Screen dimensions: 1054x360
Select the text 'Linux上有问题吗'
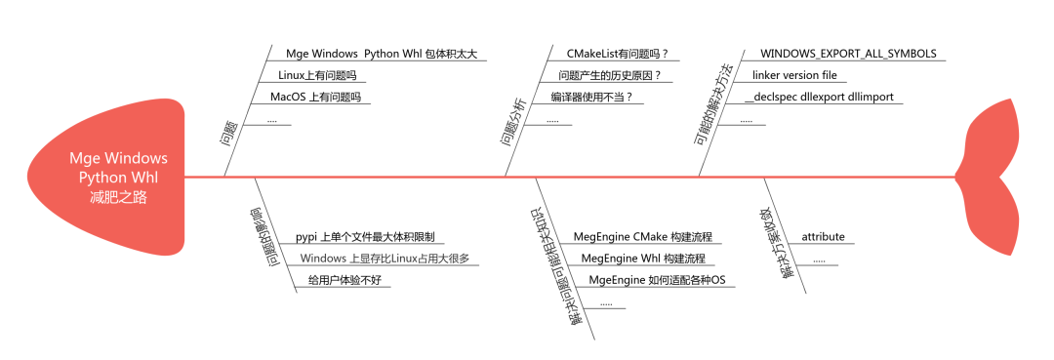click(317, 75)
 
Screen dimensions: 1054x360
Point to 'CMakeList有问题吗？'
click(624, 53)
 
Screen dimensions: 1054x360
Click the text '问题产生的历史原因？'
click(609, 75)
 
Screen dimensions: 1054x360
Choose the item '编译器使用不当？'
click(598, 97)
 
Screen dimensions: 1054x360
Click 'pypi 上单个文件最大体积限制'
click(365, 237)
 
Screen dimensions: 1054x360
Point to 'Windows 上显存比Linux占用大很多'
click(385, 259)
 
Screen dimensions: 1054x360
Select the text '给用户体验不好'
click(344, 281)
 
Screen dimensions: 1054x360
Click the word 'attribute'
click(823, 237)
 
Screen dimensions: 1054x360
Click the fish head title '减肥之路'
click(118, 196)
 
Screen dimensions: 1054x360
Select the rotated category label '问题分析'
click(514, 125)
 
